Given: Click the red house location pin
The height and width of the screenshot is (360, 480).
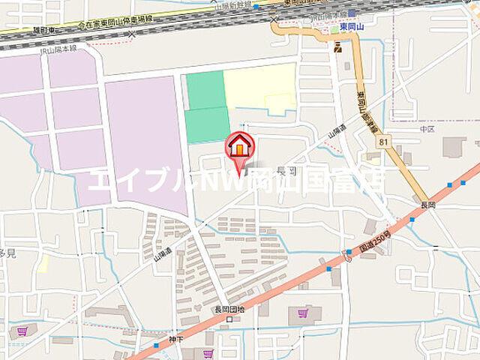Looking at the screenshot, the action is (x=239, y=146).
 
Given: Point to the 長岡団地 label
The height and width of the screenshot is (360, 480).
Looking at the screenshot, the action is (x=229, y=309).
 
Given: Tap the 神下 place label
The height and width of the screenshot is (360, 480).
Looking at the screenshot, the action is (x=176, y=339).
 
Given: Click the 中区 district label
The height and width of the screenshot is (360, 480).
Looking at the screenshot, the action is (x=427, y=128).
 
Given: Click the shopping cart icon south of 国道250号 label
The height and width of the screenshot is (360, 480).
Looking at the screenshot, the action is (x=303, y=313).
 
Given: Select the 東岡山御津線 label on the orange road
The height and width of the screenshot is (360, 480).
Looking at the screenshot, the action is (x=367, y=112).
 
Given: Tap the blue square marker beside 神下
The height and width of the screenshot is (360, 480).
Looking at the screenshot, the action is (x=156, y=345).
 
